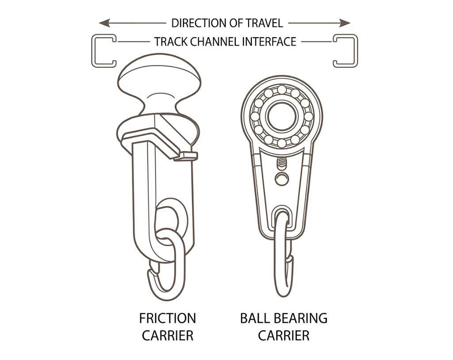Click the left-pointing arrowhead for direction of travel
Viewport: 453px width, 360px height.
pos(104,23)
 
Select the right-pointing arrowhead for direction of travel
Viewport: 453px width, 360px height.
pos(345,23)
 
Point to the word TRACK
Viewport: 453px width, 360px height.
pos(171,42)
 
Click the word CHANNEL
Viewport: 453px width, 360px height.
pos(215,42)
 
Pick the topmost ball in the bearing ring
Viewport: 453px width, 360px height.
pos(282,90)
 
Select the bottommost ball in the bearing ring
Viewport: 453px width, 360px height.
pos(282,143)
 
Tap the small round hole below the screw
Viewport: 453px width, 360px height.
pos(282,179)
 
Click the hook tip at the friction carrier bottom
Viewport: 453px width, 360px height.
pos(151,272)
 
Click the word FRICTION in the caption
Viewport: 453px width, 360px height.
pos(168,318)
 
